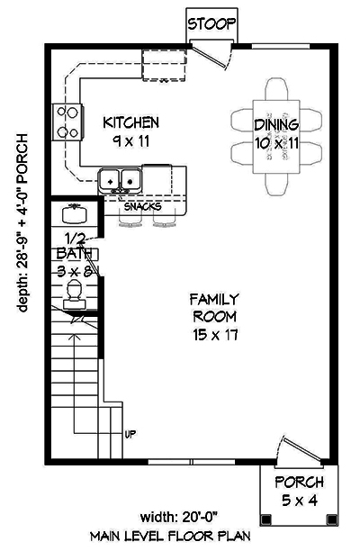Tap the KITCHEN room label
[130, 122]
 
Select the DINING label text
[275, 125]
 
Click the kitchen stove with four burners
[67, 122]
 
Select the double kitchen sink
[120, 179]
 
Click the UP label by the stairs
[130, 435]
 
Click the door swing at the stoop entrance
[214, 57]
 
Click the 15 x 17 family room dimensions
[212, 334]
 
